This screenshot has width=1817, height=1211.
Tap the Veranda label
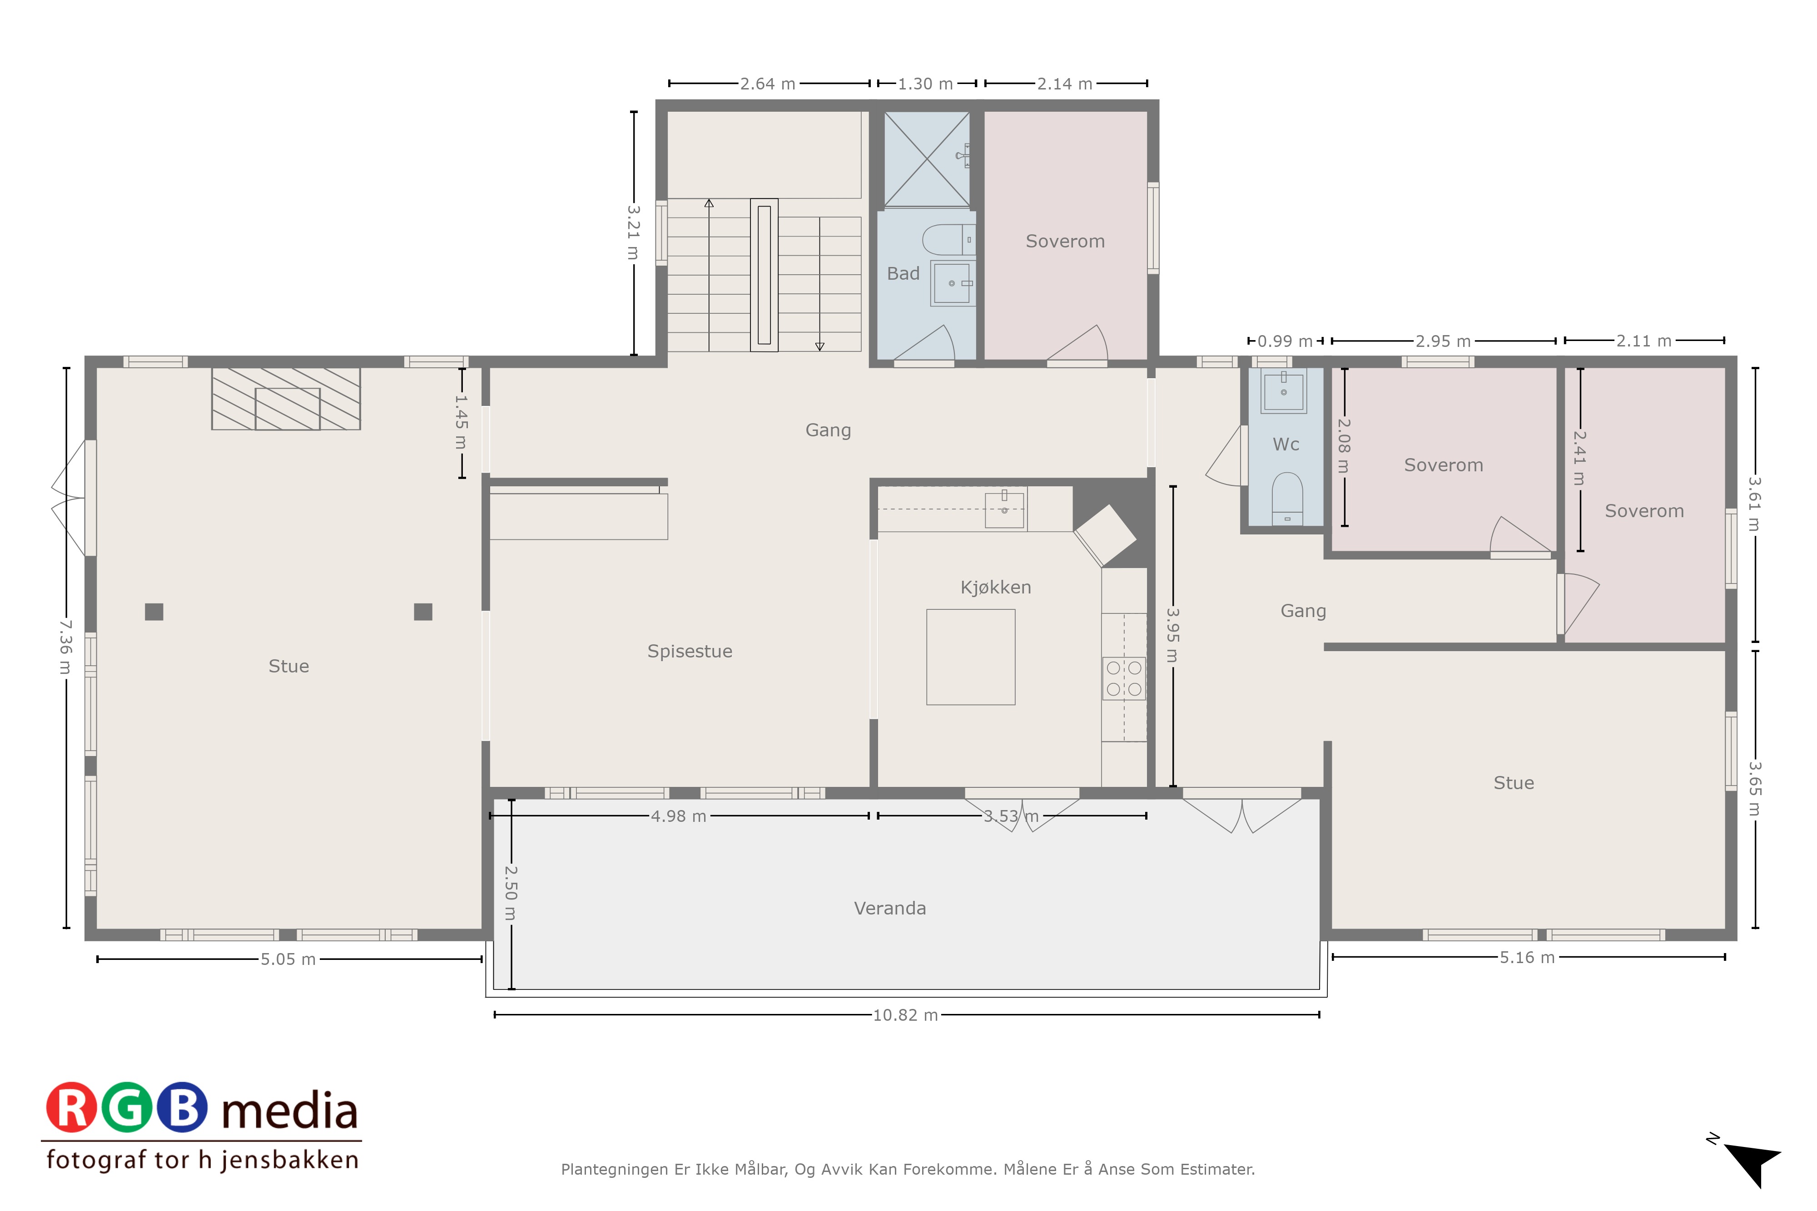click(x=890, y=908)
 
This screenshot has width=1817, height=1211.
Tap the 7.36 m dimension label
click(x=66, y=647)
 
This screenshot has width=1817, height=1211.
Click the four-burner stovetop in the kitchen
click(x=1124, y=678)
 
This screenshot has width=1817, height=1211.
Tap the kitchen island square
click(x=971, y=657)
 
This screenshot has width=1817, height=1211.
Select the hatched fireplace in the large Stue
click(x=286, y=399)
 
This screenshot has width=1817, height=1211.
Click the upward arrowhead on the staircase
click(x=709, y=203)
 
